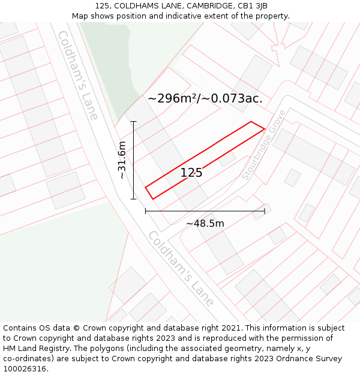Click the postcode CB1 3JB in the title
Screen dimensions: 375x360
click(251, 6)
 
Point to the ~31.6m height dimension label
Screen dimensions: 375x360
click(122, 160)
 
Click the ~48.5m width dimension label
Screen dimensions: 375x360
click(205, 224)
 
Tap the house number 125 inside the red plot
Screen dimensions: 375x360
click(191, 173)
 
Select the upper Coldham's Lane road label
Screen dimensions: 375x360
click(77, 76)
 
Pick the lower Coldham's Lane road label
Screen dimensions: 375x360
click(181, 268)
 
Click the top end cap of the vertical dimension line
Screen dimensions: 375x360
click(133, 122)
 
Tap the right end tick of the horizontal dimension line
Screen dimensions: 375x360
click(265, 211)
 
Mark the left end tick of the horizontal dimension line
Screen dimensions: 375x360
click(145, 211)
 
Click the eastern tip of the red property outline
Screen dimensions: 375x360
click(265, 128)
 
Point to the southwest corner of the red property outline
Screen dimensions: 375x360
click(152, 199)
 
